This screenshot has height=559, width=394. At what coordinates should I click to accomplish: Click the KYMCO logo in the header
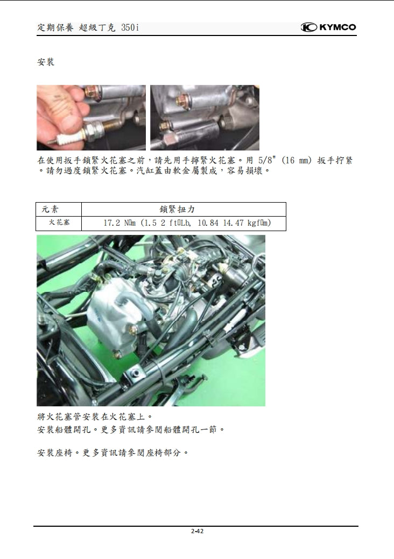[x=328, y=27]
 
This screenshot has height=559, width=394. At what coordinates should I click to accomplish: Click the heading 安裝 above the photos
[x=46, y=62]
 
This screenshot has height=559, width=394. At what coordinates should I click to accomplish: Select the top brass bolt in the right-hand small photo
[x=184, y=99]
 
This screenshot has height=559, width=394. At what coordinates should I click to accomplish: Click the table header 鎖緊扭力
[x=183, y=209]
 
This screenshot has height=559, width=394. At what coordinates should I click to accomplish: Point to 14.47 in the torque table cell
[x=233, y=223]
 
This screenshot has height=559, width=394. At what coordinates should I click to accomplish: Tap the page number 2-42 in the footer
[x=197, y=531]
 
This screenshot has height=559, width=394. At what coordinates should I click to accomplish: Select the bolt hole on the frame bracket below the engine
[x=136, y=372]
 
